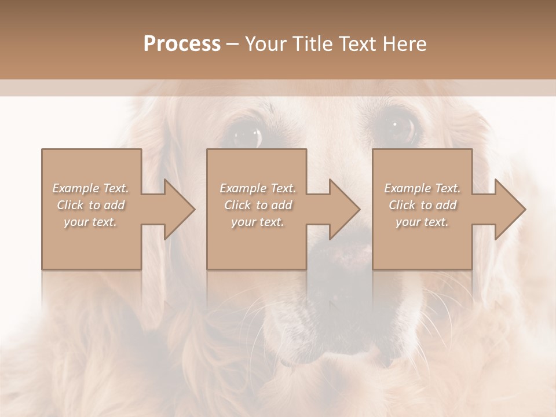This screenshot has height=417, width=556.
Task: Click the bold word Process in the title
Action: point(182,44)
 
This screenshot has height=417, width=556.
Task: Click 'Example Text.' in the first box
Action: point(90,188)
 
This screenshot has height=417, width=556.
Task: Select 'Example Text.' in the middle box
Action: point(257,188)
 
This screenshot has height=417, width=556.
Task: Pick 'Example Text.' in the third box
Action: point(422,188)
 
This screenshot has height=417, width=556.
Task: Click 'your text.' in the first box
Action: point(90,222)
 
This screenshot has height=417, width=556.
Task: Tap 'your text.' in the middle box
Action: point(257,222)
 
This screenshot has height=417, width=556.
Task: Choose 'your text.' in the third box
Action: point(422,222)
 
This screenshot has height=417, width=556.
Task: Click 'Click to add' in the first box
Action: point(90,205)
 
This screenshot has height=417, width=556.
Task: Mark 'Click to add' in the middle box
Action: point(257,205)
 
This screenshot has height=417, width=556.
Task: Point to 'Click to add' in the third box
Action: point(422,205)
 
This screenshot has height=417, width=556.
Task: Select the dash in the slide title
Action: point(233,44)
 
